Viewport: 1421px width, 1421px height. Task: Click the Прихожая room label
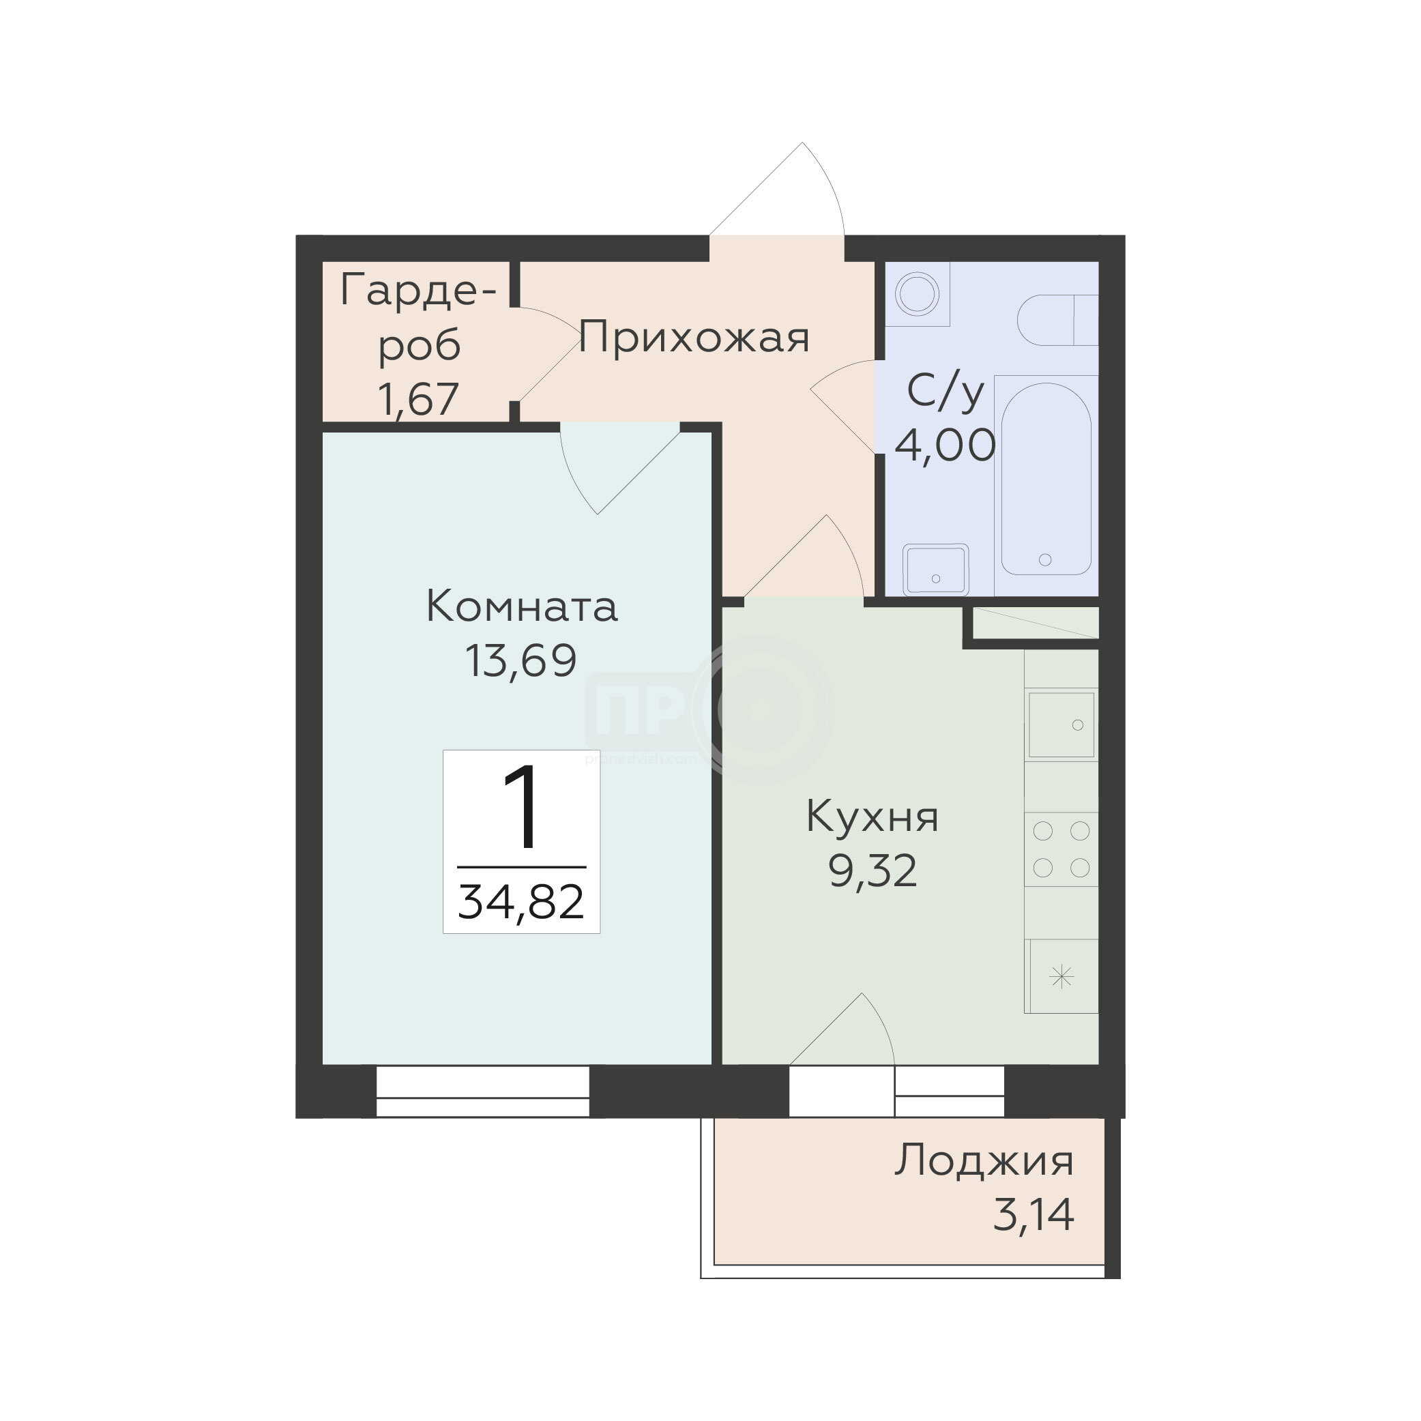[x=694, y=338]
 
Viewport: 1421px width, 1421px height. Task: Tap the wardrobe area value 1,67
[x=418, y=399]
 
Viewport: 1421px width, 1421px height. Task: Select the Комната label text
[x=521, y=608]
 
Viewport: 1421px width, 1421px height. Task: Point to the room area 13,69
[x=521, y=660]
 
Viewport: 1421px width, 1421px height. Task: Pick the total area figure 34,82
[x=521, y=903]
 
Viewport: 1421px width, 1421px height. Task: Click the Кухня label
[x=873, y=817]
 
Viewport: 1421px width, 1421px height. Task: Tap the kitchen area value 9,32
[x=873, y=871]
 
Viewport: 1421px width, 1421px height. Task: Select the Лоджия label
[x=985, y=1160]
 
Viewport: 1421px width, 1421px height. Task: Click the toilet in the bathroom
[x=1057, y=320]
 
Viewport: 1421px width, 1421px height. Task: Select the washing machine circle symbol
[x=917, y=294]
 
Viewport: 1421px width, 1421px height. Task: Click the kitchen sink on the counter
[x=1061, y=724]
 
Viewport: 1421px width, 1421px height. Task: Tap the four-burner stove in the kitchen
[x=1061, y=849]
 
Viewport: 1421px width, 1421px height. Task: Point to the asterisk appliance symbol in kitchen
[x=1061, y=977]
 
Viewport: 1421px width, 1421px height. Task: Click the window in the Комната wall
[x=482, y=1092]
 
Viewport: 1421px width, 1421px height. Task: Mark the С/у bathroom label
[x=945, y=392]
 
